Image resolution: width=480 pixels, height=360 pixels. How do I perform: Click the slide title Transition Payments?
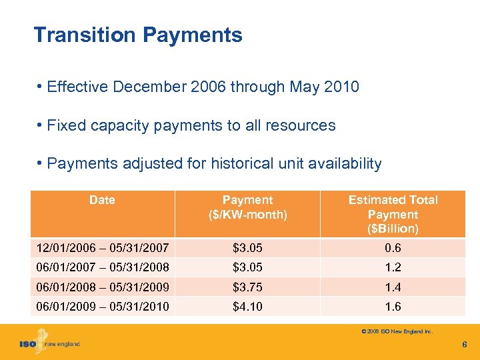pos(138,35)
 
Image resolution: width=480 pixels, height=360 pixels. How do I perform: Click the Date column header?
pos(102,200)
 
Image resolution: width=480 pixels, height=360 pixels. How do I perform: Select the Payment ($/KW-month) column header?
pos(247,207)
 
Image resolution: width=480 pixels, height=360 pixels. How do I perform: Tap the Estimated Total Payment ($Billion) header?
pos(393,214)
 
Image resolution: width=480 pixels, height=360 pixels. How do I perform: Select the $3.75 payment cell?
pos(247,287)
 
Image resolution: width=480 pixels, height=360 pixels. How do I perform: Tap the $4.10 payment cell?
pos(247,307)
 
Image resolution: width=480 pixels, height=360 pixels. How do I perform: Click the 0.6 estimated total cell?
pos(393,249)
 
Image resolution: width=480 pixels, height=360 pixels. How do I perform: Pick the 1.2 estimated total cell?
pos(393,267)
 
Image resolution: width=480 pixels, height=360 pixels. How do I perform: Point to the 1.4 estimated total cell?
pos(393,287)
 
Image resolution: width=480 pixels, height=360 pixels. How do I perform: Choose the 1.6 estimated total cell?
pos(393,307)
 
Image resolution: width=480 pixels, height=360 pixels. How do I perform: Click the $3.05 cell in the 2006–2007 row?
pos(247,249)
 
